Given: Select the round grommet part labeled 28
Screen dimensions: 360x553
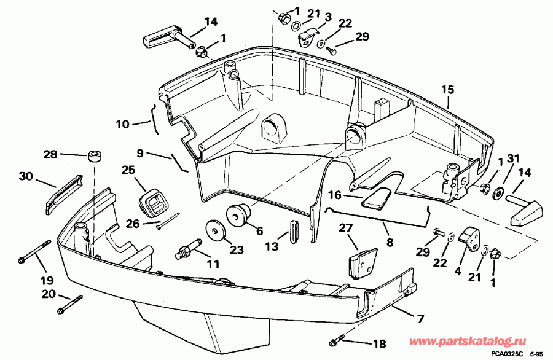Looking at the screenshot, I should click(94, 156).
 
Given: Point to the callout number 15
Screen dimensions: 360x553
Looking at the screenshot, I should click(447, 89).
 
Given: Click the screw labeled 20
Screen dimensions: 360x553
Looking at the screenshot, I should click(70, 303).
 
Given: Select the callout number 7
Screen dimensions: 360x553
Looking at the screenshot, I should click(420, 319).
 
